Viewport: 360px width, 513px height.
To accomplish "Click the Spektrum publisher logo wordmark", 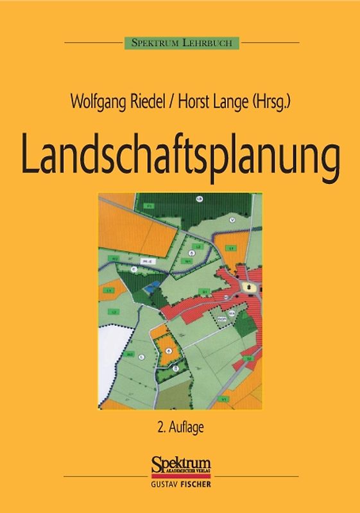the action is pyautogui.click(x=180, y=462).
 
